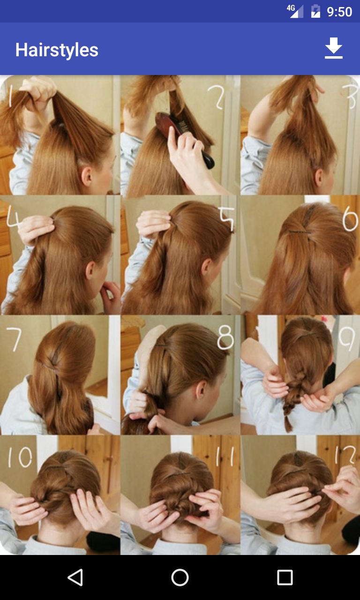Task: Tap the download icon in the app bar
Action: point(333,49)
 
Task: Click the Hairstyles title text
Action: point(57,50)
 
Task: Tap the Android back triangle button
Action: point(75,577)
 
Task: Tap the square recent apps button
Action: point(285,577)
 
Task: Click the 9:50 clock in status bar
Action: point(339,11)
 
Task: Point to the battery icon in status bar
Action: point(315,11)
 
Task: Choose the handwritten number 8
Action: point(225,337)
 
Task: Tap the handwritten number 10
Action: point(20,457)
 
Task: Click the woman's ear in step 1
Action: point(87,176)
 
